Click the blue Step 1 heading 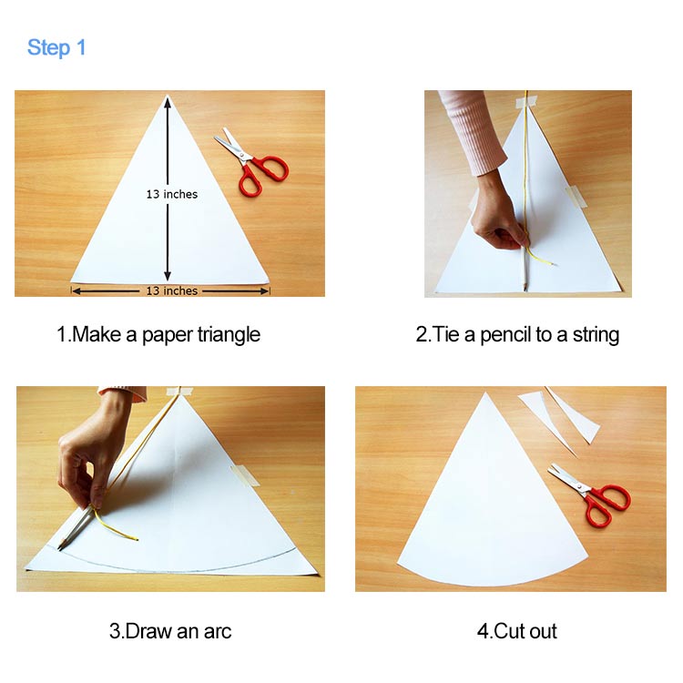coord(56,47)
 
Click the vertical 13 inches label coord(171,194)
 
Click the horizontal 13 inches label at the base coord(171,291)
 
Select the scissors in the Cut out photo coord(590,493)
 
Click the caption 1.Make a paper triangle coord(158,334)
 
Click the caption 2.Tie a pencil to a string coord(517,334)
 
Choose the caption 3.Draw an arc coord(170,631)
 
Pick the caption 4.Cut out coord(516,631)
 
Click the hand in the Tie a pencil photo coord(501,227)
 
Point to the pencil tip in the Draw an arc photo coord(60,548)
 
